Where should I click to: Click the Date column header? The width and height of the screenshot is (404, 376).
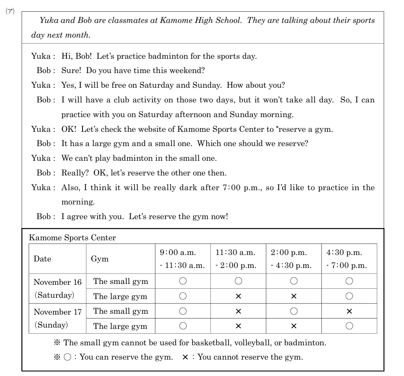42,259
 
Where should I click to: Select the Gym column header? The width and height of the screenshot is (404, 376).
99,259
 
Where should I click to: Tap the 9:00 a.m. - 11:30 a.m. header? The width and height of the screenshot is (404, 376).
182,259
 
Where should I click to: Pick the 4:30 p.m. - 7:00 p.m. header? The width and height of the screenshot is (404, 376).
349,259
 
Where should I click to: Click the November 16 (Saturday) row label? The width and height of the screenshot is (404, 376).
57,289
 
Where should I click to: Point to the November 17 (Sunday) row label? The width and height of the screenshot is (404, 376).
57,318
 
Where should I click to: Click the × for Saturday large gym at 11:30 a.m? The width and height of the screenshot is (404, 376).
238,296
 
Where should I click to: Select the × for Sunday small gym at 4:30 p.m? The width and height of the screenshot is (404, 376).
349,311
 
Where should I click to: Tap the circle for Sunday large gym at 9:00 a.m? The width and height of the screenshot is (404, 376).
183,326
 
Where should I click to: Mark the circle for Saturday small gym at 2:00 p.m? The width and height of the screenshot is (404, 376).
294,281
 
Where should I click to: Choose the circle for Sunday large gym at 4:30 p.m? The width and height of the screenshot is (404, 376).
349,326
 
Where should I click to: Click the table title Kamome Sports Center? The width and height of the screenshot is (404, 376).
72,238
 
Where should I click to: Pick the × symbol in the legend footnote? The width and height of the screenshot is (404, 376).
185,357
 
